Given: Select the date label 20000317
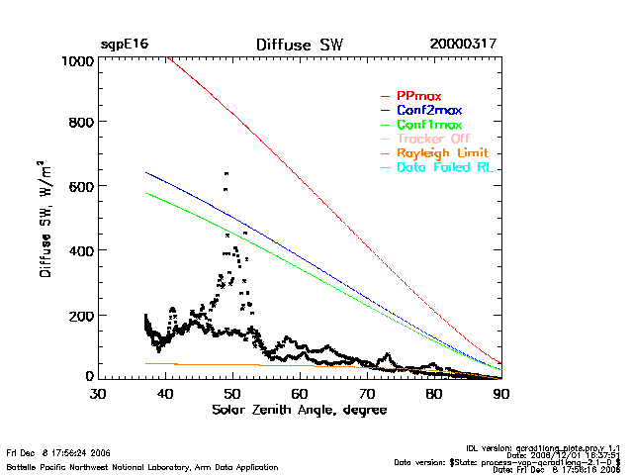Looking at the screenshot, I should click(x=463, y=46).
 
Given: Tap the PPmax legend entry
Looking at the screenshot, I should click(x=418, y=96).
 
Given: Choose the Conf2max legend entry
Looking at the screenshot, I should click(x=428, y=111).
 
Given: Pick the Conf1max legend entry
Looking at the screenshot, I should click(x=428, y=126).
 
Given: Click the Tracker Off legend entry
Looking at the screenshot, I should click(x=432, y=140).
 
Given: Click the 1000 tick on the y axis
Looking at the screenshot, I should click(x=75, y=61).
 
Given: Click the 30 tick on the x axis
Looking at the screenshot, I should click(x=98, y=394).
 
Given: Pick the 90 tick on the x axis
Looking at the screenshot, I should click(x=501, y=394).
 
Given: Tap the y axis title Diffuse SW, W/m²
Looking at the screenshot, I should click(x=45, y=219).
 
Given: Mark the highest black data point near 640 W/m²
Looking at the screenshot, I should click(x=226, y=173).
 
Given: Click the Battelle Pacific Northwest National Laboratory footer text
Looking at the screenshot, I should click(x=142, y=466).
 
